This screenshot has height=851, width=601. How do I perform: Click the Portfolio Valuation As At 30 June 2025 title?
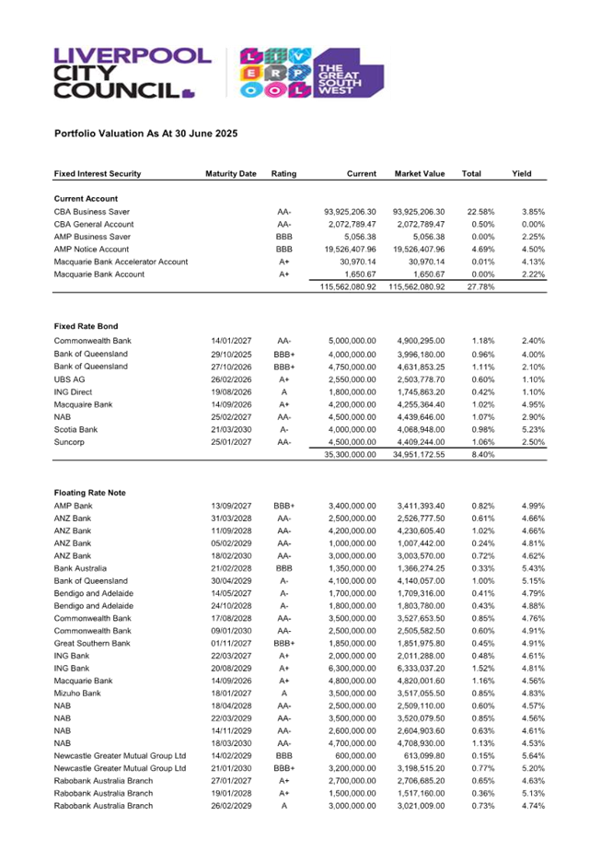(146, 134)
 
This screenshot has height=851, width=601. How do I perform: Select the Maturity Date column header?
(230, 173)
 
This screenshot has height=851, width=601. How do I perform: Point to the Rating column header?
(283, 173)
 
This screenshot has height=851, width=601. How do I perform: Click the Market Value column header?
(420, 173)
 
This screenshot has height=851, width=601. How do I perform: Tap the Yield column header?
(522, 173)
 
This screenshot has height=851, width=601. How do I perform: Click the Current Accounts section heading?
(87, 198)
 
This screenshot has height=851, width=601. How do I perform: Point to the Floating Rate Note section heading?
(90, 493)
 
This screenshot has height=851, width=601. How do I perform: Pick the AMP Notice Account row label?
(91, 249)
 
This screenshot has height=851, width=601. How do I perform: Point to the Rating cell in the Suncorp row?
(283, 441)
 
